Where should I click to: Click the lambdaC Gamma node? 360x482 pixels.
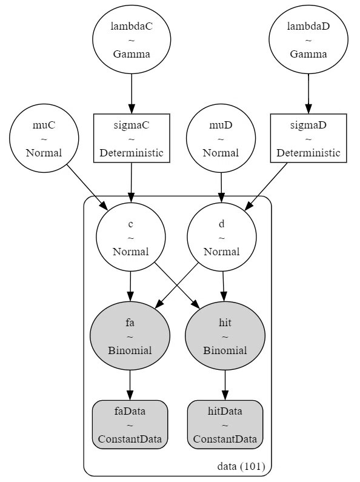pos(132,39)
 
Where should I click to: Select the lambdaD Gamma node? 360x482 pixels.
pos(308,39)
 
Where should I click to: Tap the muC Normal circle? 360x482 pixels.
pos(44,138)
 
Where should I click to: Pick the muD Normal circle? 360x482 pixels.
pos(221,138)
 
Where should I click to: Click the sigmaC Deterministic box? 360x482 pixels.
pos(132,138)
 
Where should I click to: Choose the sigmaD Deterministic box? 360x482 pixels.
pos(308,138)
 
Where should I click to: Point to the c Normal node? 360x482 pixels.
pos(131,237)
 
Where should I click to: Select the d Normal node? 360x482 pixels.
pos(221,237)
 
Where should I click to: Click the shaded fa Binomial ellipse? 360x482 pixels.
pos(130,336)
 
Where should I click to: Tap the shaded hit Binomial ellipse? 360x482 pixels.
pos(225,336)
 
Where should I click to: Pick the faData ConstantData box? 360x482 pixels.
pos(130,424)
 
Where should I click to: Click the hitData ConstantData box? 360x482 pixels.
pos(225,424)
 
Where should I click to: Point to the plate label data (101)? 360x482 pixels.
pos(241,466)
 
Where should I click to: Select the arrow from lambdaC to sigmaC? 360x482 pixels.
pos(132,94)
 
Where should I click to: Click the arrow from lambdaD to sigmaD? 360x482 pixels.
pos(308,94)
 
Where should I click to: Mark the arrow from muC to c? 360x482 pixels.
pos(87,187)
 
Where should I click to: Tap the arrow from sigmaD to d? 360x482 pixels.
pos(266,187)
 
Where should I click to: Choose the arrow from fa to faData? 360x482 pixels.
pos(130,385)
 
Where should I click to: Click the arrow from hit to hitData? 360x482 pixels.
pos(225,385)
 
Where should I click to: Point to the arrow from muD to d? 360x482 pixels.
pos(221,187)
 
